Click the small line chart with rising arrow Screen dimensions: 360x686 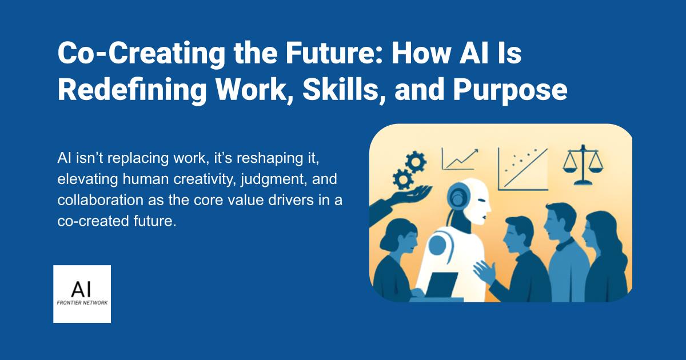pos(461,158)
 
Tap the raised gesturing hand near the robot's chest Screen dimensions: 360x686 pos(486,269)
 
